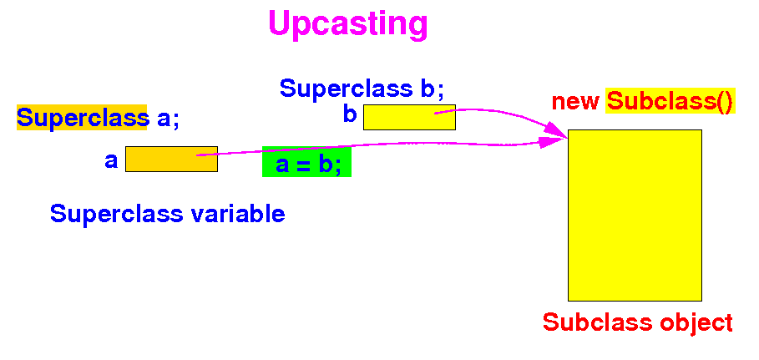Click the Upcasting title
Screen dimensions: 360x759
tap(347, 24)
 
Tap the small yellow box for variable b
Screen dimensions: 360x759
tap(408, 117)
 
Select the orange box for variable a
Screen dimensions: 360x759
tap(171, 159)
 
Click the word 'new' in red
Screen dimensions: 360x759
tap(575, 102)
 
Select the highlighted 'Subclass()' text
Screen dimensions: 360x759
tap(670, 102)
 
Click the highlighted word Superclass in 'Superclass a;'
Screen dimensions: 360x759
tap(82, 118)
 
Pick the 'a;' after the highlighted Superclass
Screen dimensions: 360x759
tap(168, 119)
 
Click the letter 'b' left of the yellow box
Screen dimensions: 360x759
tap(350, 114)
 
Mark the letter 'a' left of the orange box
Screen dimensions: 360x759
tap(111, 160)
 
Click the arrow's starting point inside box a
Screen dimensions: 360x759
tap(198, 155)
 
